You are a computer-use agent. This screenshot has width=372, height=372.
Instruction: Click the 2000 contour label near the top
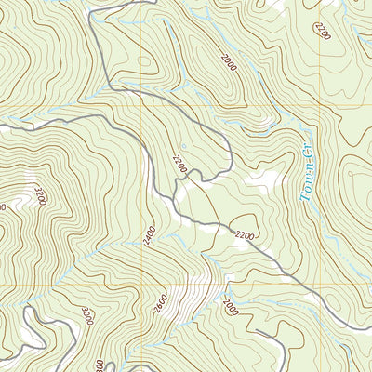pos(229,62)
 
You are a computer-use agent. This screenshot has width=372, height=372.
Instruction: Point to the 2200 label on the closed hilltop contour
pos(246,235)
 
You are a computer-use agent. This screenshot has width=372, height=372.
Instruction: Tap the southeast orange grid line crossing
pos(321,283)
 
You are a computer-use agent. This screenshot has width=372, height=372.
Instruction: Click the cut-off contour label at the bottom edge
pos(99,366)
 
